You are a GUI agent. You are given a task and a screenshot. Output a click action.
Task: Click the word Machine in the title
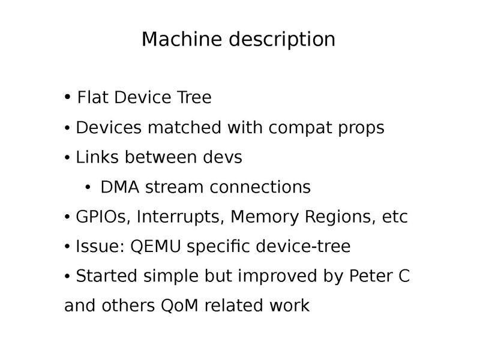(182, 39)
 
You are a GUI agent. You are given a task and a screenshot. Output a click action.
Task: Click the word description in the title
(282, 40)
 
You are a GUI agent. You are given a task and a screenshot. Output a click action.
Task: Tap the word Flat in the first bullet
(92, 97)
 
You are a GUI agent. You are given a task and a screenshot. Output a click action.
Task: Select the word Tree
(194, 97)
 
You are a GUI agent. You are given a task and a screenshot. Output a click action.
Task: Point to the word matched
(184, 127)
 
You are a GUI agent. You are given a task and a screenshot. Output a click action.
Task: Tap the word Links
(97, 157)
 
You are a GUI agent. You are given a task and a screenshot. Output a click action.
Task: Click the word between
(160, 157)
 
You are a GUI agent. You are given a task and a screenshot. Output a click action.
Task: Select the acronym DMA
(119, 187)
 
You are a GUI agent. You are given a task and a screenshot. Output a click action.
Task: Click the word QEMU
(155, 247)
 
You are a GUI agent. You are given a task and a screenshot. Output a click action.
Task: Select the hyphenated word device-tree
(303, 246)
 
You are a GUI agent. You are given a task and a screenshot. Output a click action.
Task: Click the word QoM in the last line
(179, 305)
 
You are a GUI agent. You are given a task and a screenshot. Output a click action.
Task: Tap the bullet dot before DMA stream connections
(88, 187)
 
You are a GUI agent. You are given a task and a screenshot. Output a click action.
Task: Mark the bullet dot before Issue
(67, 247)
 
